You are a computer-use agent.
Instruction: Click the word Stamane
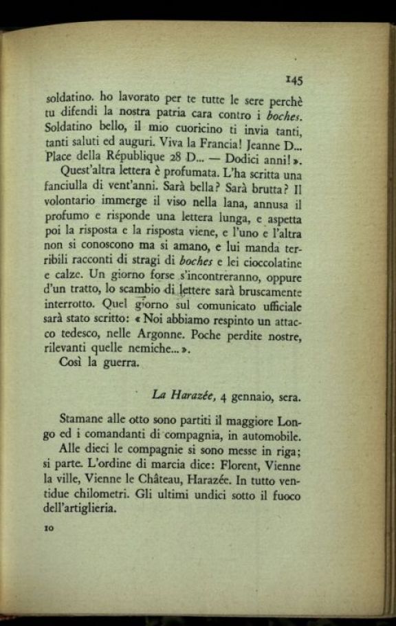(82, 420)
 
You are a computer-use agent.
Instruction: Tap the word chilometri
(98, 495)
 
